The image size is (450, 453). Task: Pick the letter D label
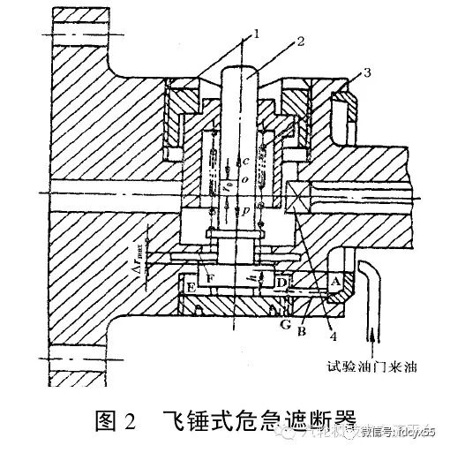(280, 282)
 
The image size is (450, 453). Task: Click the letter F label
(209, 279)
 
